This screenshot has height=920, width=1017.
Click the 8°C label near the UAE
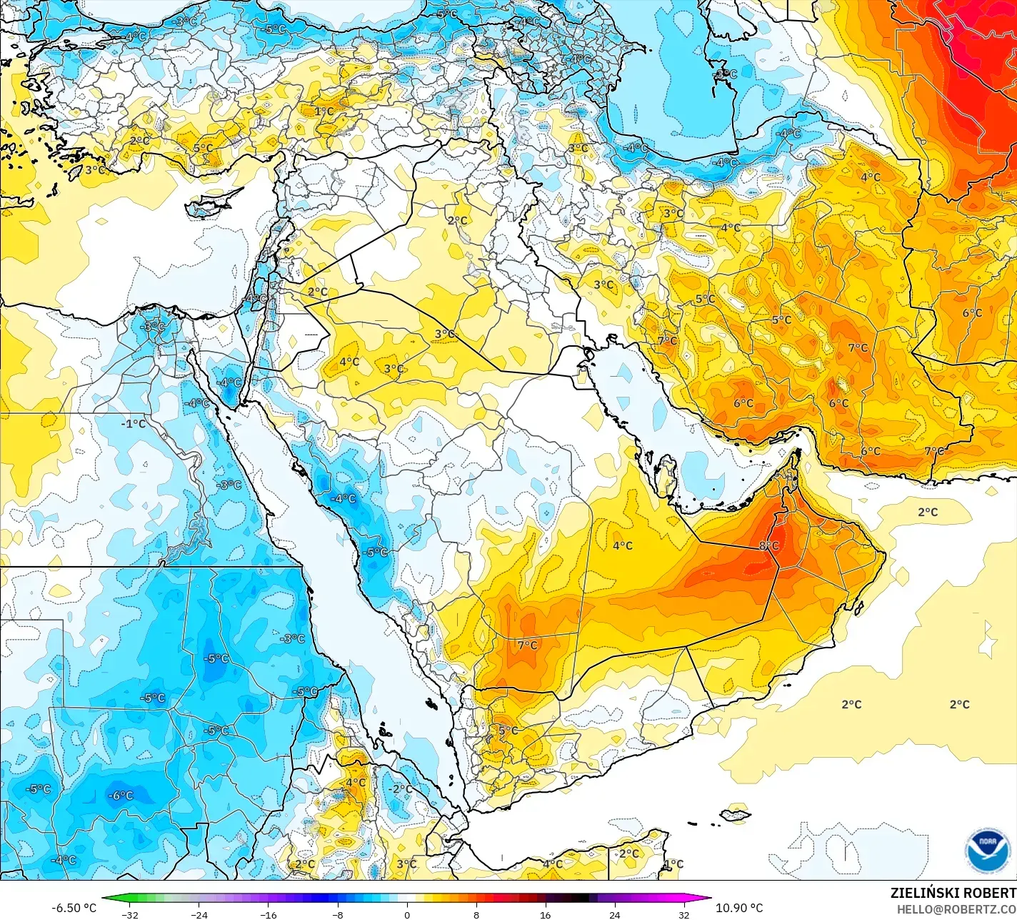pos(768,546)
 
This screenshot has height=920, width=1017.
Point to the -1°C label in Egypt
pos(133,424)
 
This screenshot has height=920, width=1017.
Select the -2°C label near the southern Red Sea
pos(401,789)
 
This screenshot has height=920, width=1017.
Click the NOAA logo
pos(987,850)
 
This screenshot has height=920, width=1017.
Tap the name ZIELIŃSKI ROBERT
pos(953,893)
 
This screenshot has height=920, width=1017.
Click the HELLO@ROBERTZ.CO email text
pos(956,909)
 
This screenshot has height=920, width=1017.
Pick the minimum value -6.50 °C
pos(74,908)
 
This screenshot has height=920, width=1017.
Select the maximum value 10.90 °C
pos(739,908)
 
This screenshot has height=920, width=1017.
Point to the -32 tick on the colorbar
pos(129,914)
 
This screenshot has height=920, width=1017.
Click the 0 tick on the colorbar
pos(407,914)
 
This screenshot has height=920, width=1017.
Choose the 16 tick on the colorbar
pos(545,914)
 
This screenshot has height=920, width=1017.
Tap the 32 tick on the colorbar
pos(683,914)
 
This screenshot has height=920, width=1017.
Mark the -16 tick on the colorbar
pos(268,914)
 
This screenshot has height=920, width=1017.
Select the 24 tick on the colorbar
pos(614,914)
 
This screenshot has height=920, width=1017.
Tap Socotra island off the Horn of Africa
pos(735,814)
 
